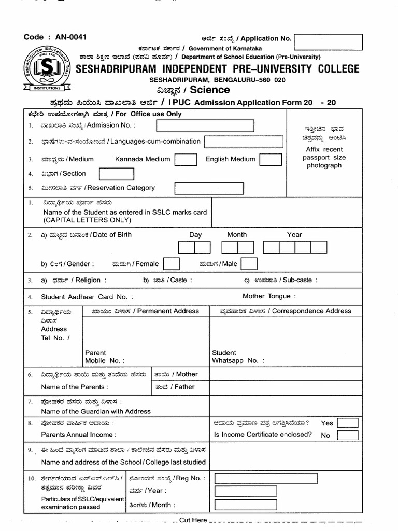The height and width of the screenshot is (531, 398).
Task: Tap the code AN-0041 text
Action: [55, 37]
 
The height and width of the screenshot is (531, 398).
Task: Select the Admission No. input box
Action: [205, 125]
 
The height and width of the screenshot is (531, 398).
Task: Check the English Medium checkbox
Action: [270, 159]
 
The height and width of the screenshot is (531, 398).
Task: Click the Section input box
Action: [117, 174]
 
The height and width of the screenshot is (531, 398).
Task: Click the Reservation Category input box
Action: [209, 188]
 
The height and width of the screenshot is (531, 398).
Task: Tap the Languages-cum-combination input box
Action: [244, 142]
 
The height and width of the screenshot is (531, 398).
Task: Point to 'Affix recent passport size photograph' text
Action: [324, 157]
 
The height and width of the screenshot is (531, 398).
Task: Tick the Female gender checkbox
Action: [171, 264]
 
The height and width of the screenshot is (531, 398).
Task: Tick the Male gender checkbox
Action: [249, 264]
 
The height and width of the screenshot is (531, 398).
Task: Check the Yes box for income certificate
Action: [347, 423]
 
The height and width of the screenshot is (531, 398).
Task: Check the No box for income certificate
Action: [347, 435]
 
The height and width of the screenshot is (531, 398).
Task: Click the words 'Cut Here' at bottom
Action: [193, 520]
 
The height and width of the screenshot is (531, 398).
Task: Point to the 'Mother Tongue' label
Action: [269, 296]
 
